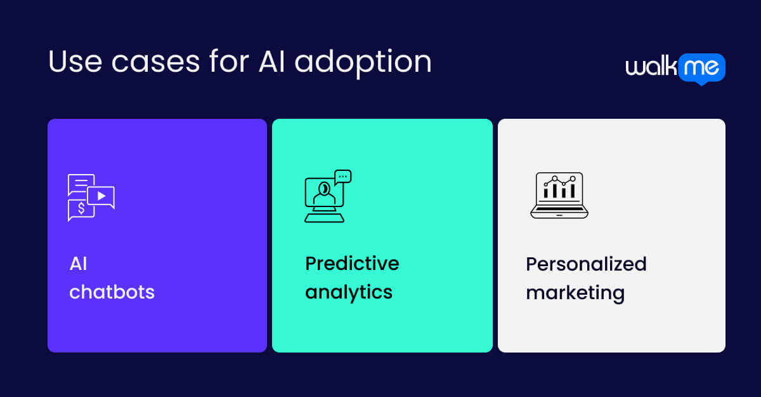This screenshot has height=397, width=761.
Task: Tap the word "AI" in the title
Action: (x=271, y=62)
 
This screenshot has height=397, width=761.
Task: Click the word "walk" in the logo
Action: (x=651, y=67)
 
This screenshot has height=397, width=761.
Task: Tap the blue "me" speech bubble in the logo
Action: (x=701, y=67)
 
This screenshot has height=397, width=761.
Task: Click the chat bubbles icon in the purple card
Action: (x=91, y=198)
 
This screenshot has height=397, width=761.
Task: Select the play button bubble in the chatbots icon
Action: (x=101, y=196)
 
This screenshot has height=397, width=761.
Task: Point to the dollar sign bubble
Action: (x=81, y=209)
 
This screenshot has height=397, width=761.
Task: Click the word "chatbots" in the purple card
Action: (x=112, y=292)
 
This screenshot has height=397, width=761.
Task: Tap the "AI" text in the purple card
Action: (x=78, y=264)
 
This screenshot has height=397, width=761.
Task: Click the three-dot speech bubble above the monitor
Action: (x=343, y=177)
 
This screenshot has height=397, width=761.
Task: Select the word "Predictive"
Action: (x=352, y=263)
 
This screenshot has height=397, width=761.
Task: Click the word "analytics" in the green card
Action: (x=349, y=292)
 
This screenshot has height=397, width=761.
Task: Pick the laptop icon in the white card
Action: (x=559, y=196)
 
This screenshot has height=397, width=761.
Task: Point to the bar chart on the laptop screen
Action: (x=559, y=188)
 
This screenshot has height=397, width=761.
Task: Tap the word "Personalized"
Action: (x=586, y=264)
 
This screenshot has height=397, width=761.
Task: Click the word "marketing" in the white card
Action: (x=575, y=293)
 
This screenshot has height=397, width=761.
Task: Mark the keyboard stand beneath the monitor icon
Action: (x=324, y=218)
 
